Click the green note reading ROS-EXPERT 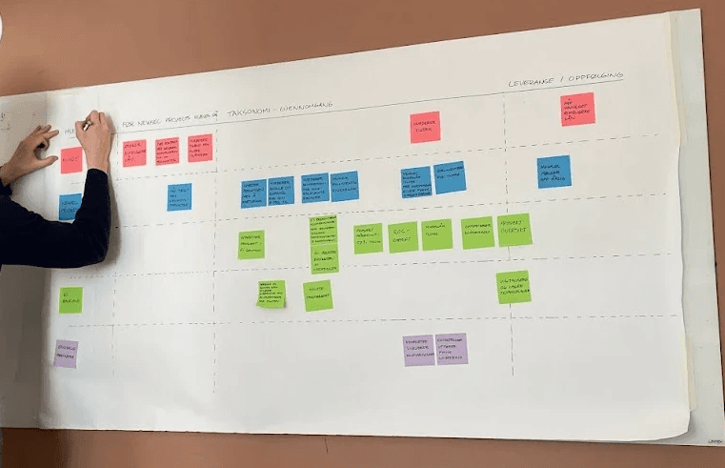(403, 236)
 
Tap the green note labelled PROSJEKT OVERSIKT (514, 230)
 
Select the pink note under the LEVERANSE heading (577, 110)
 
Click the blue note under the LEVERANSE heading (554, 172)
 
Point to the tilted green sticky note (272, 294)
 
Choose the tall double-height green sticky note (324, 243)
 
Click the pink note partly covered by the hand (71, 161)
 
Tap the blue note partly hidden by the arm (70, 207)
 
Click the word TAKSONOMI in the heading (251, 114)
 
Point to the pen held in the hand (87, 124)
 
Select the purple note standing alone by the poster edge (66, 354)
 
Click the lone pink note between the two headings (425, 127)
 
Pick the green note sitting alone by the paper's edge (70, 299)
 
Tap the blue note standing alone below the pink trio (179, 196)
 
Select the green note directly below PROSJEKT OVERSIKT (514, 287)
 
